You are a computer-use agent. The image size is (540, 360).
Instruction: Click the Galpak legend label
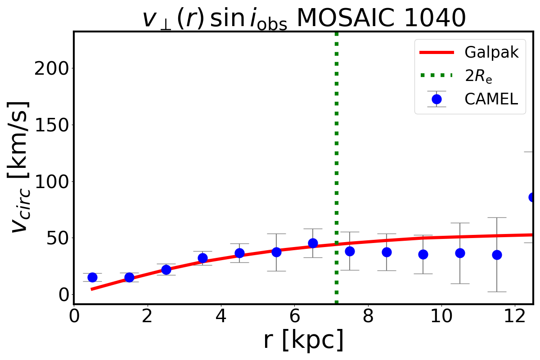491,52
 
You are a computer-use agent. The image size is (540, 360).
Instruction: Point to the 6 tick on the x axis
294,315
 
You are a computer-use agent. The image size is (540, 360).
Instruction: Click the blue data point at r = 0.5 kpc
92,277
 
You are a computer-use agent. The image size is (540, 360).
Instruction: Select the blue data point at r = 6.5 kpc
313,243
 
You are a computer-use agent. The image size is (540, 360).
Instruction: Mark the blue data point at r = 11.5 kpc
497,255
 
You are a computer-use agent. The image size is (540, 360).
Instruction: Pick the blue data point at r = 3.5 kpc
202,258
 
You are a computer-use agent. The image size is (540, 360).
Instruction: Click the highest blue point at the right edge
533,197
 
